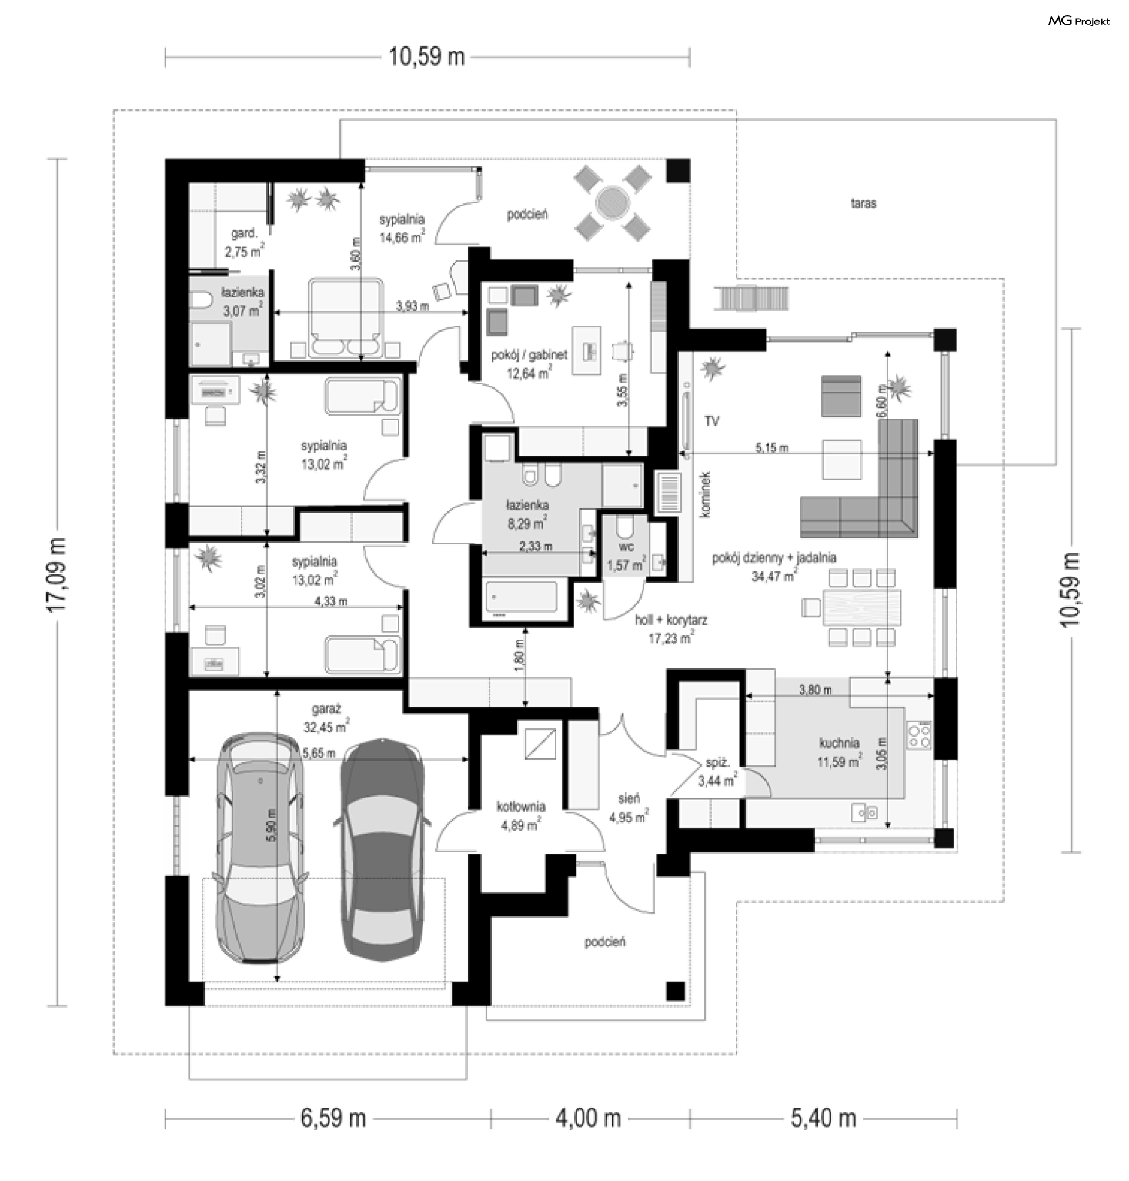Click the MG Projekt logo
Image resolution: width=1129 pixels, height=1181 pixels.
click(x=1078, y=21)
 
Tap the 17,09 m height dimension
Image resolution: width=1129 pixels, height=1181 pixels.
click(x=56, y=575)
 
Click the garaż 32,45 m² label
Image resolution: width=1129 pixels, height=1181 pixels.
click(x=326, y=718)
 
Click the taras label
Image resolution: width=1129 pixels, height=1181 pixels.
click(x=864, y=203)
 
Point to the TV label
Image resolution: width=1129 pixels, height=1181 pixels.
click(x=712, y=421)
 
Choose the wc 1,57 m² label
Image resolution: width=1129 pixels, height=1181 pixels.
click(x=626, y=556)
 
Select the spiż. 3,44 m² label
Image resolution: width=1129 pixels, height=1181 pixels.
click(x=717, y=772)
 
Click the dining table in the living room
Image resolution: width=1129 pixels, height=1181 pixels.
click(x=861, y=608)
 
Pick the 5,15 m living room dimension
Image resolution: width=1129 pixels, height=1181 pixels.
click(x=771, y=447)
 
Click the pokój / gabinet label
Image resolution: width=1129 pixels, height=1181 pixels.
click(x=529, y=355)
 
